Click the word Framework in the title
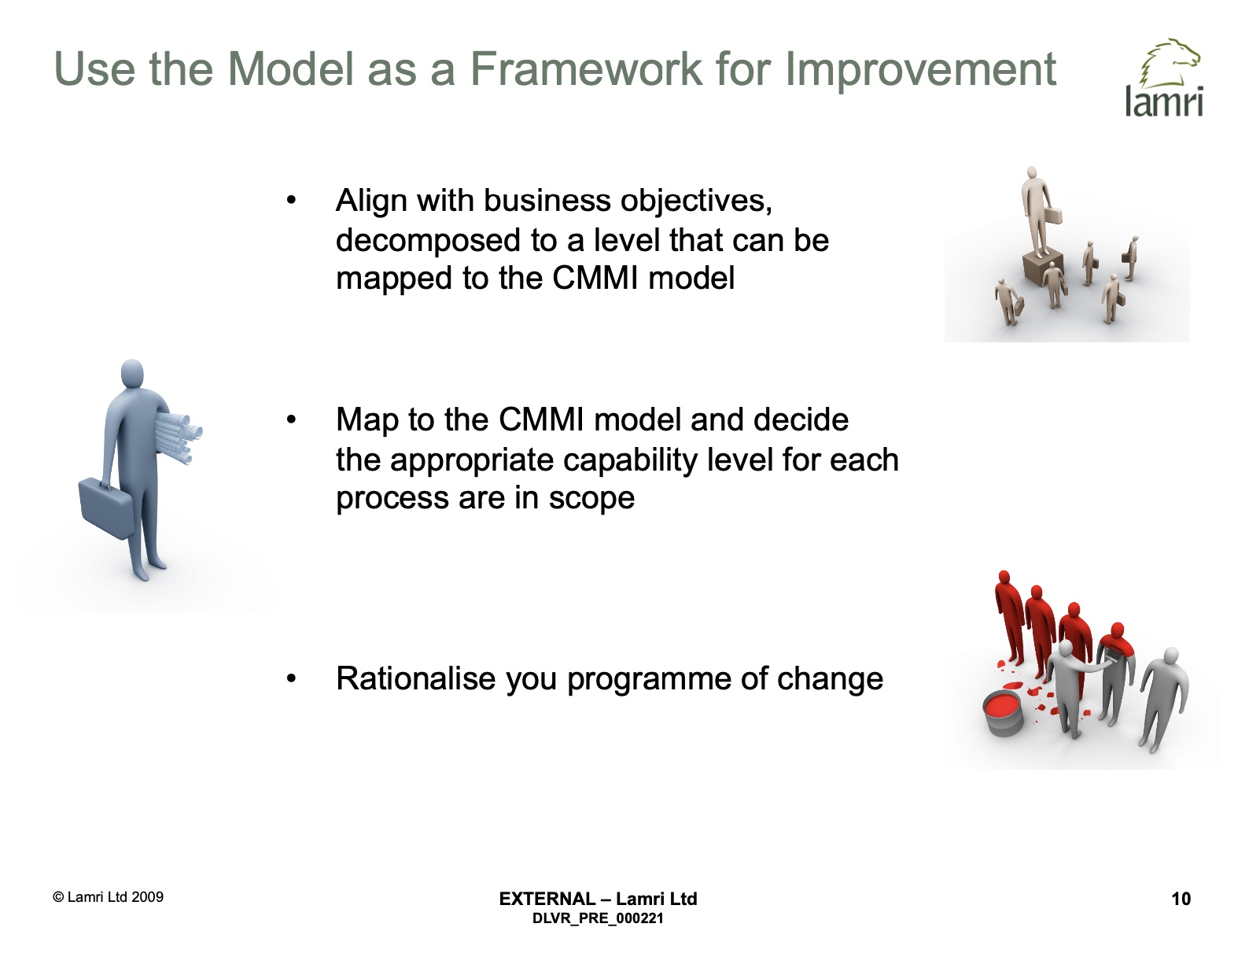[586, 69]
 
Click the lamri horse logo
[1165, 77]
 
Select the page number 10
[1181, 899]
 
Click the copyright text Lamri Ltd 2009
[109, 896]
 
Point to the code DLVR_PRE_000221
[598, 918]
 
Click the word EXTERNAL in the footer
[547, 899]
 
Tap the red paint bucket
[1004, 716]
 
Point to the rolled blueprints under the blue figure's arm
[178, 437]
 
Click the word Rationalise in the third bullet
[416, 678]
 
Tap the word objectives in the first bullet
[696, 201]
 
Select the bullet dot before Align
[291, 201]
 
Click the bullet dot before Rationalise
[291, 678]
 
